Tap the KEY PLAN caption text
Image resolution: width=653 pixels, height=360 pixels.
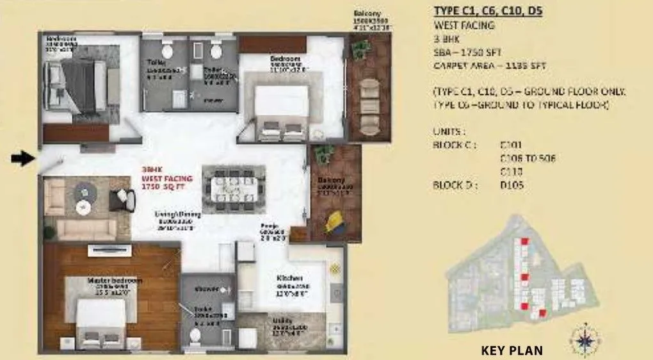512,350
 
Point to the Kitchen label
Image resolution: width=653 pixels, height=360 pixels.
285,278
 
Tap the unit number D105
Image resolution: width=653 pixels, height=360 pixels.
510,186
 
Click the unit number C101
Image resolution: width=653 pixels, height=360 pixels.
509,145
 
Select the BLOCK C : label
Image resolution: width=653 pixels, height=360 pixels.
455,145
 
